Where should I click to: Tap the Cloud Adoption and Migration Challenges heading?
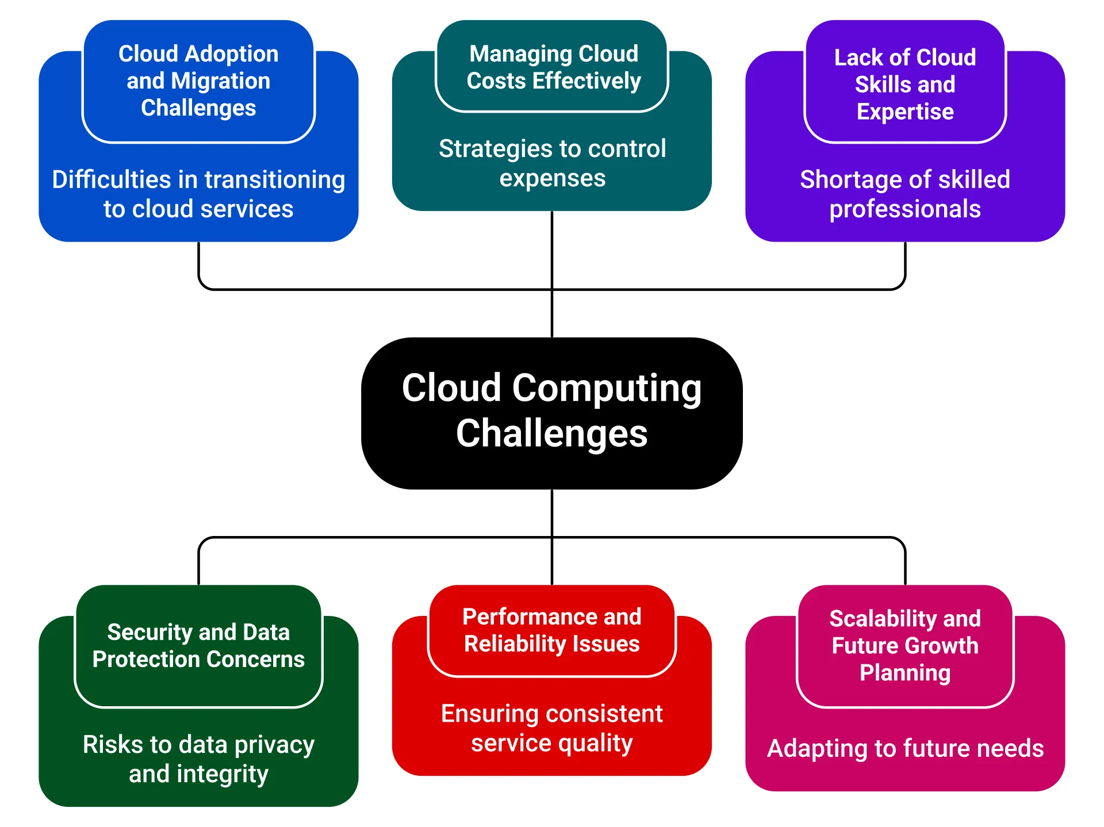click(x=198, y=81)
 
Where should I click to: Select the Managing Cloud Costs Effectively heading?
click(x=553, y=67)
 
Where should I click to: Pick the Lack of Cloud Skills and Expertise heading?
click(x=904, y=84)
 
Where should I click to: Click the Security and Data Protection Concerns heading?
click(x=198, y=645)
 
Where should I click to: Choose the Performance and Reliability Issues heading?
click(x=551, y=630)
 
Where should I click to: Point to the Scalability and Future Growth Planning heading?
click(x=904, y=645)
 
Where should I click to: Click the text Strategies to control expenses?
click(x=552, y=163)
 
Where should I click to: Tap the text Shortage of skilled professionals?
click(x=904, y=194)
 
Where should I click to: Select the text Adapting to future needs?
click(x=905, y=748)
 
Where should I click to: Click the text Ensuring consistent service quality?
click(x=551, y=728)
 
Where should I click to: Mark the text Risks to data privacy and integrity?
click(x=198, y=759)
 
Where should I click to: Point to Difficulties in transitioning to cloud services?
click(x=198, y=194)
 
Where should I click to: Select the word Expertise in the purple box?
click(x=904, y=112)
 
